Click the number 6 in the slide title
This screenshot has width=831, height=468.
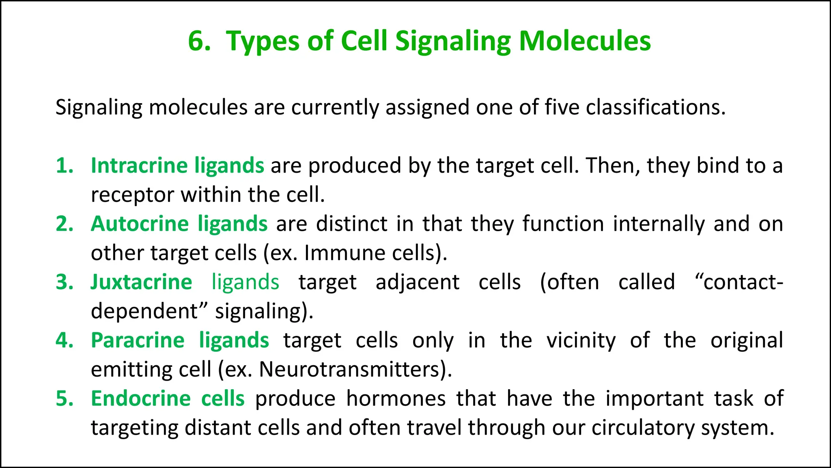(198, 41)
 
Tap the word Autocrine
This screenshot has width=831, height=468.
(140, 224)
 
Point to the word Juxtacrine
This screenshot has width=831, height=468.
(141, 282)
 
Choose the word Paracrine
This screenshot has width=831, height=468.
(138, 340)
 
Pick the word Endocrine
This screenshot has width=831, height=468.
(140, 399)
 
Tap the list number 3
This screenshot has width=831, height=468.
(65, 282)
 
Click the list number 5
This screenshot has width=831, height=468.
(65, 399)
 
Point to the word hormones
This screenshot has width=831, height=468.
(396, 399)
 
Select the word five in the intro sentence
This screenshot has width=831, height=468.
(562, 108)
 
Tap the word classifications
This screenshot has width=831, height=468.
(655, 108)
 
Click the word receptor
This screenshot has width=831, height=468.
(132, 195)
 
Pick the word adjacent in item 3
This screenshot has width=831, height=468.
(417, 282)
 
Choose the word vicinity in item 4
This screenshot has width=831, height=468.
(581, 340)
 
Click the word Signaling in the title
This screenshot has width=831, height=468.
(453, 41)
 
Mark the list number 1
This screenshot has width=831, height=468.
(65, 166)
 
